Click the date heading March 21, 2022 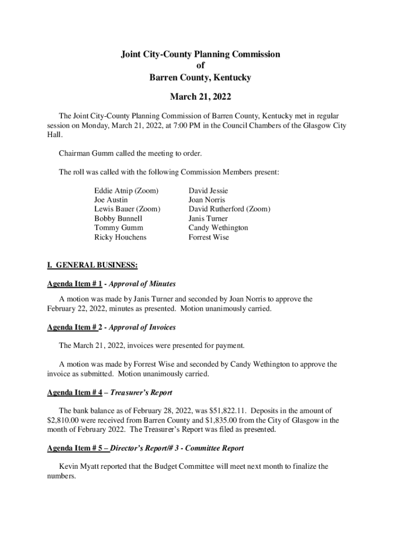[200, 97]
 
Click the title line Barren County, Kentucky [200, 78]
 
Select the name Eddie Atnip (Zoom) [126, 191]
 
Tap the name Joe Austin [110, 200]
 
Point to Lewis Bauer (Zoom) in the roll [127, 209]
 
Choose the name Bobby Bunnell [118, 219]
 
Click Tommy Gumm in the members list [118, 228]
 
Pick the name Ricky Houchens [120, 237]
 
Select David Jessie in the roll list [208, 191]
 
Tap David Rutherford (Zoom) [229, 209]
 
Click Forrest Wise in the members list [208, 237]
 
